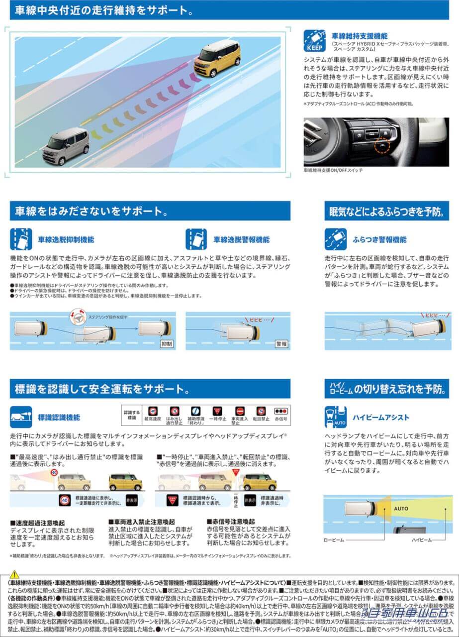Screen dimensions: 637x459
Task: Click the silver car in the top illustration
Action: coord(66,146)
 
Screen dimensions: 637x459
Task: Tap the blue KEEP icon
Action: coord(314,40)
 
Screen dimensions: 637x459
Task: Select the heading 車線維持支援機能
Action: coord(360,36)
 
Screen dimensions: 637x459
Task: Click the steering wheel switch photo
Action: coord(376,142)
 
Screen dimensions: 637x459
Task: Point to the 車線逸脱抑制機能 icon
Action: coord(21,239)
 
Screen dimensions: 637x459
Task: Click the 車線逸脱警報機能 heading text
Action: coord(242,239)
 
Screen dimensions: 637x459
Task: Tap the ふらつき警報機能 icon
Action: coord(336,239)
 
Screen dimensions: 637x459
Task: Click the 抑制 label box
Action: coord(167,343)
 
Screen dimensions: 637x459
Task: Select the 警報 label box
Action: coord(282,343)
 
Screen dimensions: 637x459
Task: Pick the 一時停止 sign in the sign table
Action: coord(217,412)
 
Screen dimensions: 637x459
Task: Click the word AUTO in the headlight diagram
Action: coord(401,509)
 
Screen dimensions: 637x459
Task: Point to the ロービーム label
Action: coord(334,539)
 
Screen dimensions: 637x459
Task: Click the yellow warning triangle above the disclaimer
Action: coord(14,574)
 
